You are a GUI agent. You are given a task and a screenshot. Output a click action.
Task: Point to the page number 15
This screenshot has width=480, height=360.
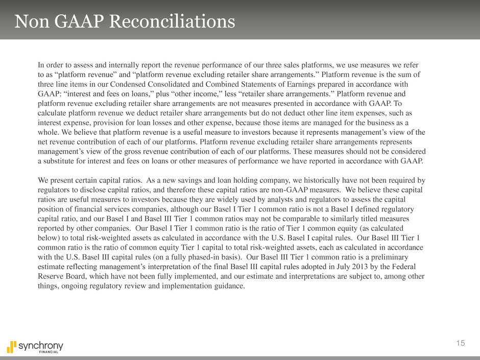point(461,344)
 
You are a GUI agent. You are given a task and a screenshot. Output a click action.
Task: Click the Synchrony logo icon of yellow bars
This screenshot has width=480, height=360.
point(11,345)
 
